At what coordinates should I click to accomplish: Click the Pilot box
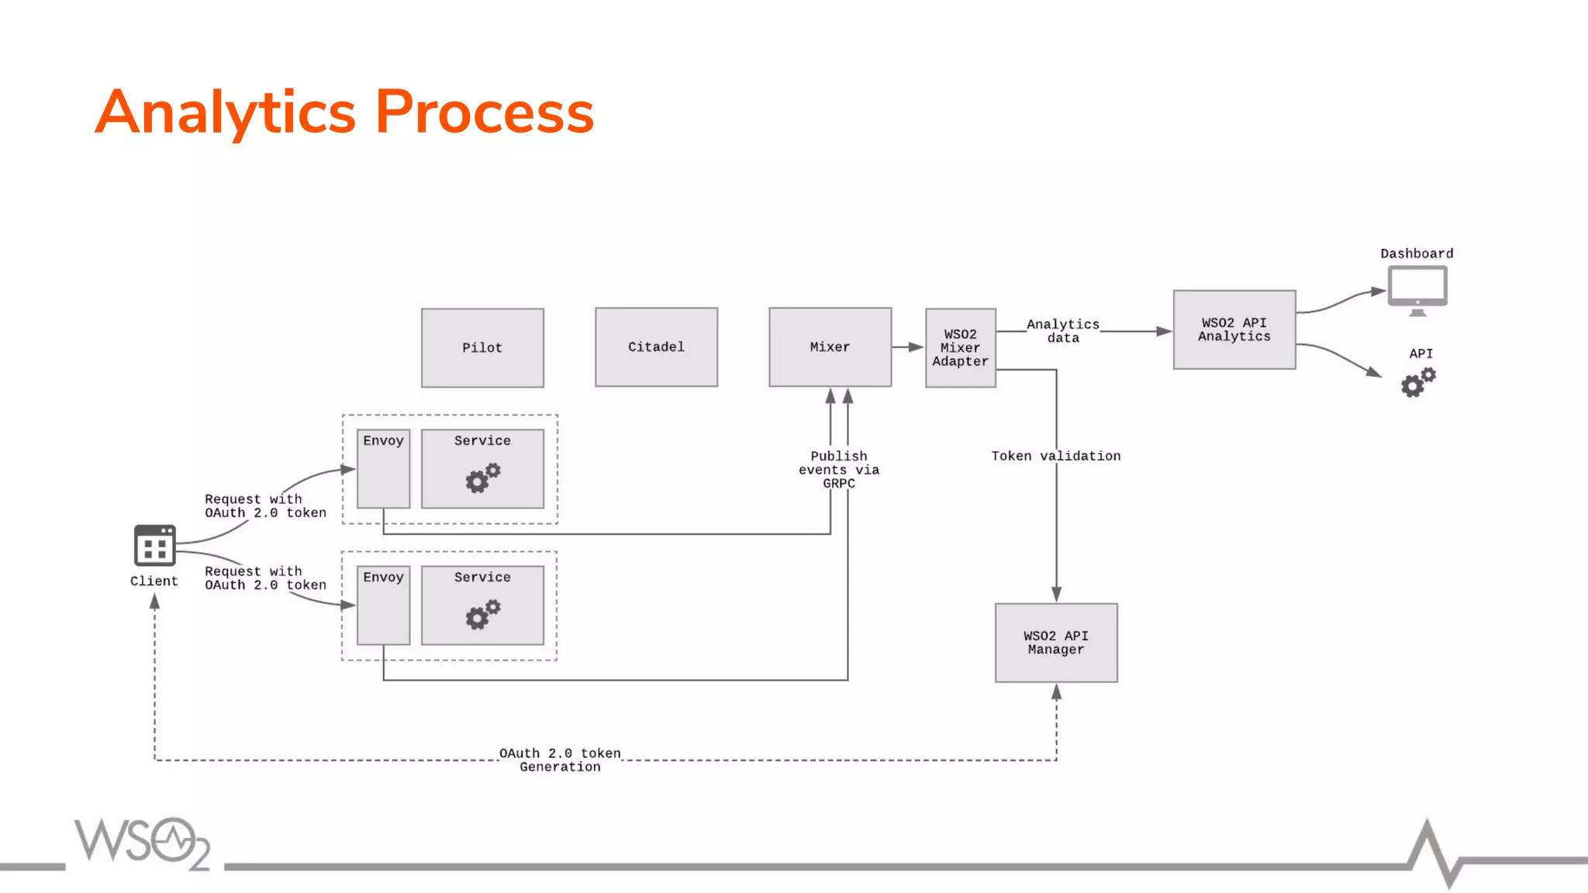482,348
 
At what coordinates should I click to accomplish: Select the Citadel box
656,347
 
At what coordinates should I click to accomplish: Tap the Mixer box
830,347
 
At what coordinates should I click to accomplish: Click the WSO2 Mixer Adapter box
960,348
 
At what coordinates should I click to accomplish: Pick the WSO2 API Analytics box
1234,329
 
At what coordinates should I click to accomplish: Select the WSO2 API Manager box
1056,643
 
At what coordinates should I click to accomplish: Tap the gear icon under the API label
1417,382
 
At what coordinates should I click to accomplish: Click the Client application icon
154,546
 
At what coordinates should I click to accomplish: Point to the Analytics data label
1063,331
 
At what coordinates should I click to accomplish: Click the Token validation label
1055,456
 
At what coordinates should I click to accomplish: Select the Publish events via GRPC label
839,470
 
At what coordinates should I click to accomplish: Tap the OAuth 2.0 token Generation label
560,760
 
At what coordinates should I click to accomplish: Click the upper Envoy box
383,470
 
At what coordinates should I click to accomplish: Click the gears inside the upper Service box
482,478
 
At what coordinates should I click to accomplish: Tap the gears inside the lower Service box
482,615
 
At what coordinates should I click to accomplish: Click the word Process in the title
484,112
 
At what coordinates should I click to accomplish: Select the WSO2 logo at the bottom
143,843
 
